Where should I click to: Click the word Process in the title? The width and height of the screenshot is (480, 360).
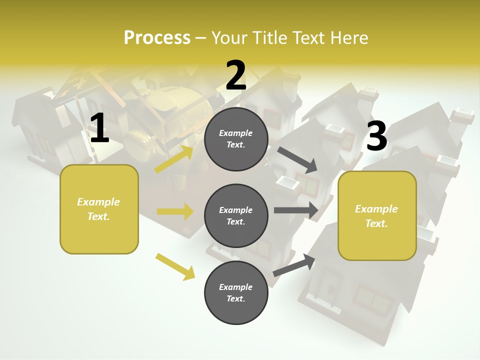157,37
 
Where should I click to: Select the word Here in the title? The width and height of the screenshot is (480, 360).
347,37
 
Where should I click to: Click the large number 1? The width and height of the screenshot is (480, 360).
99,129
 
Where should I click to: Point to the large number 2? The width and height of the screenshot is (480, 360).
236,75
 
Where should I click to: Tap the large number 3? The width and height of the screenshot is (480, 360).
377,136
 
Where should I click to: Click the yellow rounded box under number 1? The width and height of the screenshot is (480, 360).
99,209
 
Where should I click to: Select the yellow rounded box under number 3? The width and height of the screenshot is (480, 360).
377,216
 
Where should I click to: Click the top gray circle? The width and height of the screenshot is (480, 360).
236,138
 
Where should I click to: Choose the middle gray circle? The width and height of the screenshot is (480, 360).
236,215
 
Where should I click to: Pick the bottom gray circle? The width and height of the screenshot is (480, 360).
236,292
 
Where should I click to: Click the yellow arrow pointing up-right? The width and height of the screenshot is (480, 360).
174,159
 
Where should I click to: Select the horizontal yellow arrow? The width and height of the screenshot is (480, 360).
175,211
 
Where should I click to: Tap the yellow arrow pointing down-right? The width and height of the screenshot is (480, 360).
175,266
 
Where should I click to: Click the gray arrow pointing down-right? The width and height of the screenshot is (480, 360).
298,159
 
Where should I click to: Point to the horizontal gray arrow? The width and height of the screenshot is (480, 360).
296,210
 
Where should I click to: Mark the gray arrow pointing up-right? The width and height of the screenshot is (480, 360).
294,265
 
